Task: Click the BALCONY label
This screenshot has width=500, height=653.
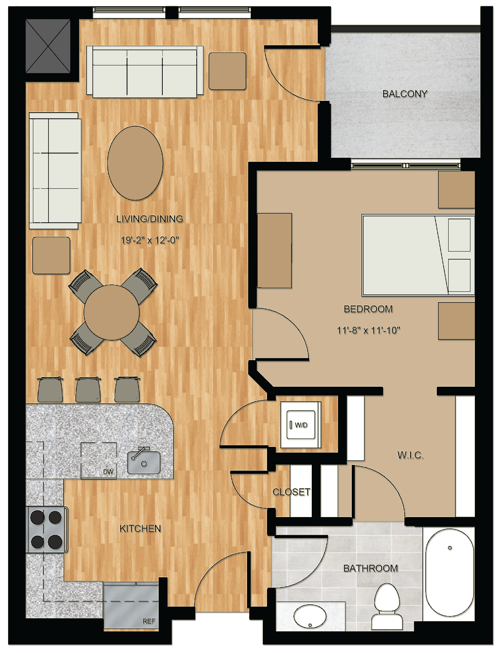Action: [405, 94]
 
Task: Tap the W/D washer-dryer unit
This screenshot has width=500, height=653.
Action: [301, 425]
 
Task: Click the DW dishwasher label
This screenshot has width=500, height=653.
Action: [108, 472]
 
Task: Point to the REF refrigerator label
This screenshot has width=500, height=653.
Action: [149, 621]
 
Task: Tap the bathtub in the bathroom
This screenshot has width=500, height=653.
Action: [449, 572]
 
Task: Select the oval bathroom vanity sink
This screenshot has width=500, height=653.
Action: [310, 616]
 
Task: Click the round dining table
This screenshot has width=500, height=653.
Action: [111, 312]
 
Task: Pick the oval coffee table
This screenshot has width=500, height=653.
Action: [135, 163]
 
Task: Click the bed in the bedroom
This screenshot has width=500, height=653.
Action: [418, 255]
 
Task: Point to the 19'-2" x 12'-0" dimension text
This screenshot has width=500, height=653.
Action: [150, 240]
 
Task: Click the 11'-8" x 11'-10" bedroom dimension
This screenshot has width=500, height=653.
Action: [368, 330]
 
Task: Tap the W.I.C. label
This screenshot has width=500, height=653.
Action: [411, 455]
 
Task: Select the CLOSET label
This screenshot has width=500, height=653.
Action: [291, 492]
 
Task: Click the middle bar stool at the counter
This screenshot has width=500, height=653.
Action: [88, 389]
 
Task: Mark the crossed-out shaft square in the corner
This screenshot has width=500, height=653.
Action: [48, 46]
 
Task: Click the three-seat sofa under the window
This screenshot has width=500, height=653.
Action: [145, 72]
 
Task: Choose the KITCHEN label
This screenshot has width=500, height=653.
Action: [140, 529]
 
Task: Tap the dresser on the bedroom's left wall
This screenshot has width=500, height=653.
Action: [274, 250]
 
